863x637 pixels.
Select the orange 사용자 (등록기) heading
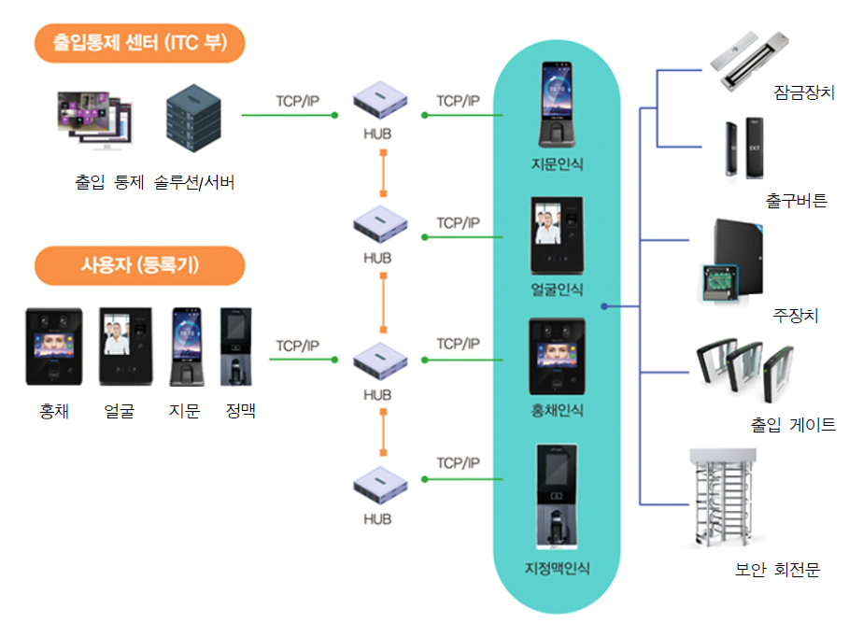point(139,265)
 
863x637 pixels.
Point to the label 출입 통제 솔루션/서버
point(154,182)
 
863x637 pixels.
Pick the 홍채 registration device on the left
point(53,347)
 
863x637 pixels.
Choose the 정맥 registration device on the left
point(238,347)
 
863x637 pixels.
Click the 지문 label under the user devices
point(185,410)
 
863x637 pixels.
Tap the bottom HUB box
point(381,486)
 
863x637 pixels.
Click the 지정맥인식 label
point(557,569)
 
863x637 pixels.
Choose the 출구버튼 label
point(796,200)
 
